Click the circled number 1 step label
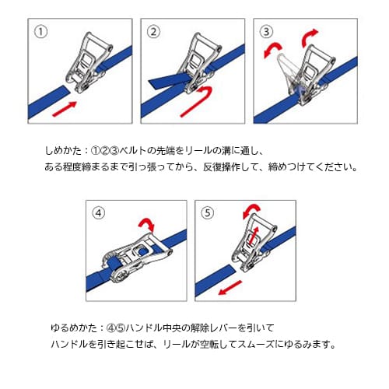39,32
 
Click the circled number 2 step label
153,32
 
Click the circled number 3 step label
268,33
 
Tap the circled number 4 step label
98,212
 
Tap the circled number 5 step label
206,212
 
